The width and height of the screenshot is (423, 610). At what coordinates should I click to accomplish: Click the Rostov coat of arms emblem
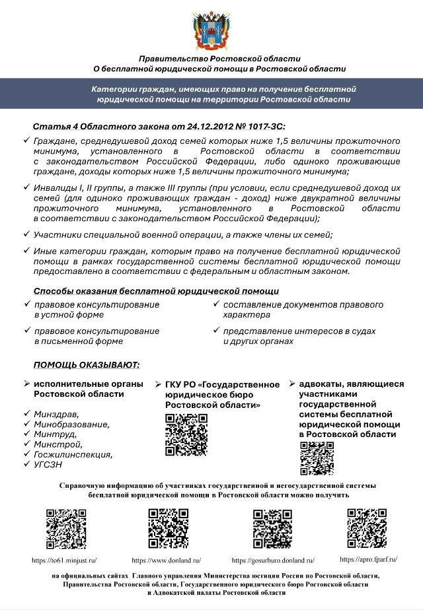pos(211,30)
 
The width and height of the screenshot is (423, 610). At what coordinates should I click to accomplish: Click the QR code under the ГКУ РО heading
pos(186,434)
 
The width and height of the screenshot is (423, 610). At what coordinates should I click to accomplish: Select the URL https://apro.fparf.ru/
pos(368,559)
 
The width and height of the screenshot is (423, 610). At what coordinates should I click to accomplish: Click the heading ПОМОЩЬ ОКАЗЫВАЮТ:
pos(87,365)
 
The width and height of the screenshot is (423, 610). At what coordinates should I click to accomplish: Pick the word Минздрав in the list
pos(54,414)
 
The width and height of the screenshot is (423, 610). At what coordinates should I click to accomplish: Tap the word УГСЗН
pos(48,464)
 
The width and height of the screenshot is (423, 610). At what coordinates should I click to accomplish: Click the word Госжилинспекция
pos(73,454)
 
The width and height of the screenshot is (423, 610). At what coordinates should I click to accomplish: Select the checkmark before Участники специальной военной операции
pos(26,234)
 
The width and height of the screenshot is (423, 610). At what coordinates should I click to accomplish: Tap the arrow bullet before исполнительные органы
pos(26,384)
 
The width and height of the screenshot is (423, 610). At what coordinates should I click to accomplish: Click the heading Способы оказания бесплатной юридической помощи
pos(156,291)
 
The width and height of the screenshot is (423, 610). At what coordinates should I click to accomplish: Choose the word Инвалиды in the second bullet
pos(54,187)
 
